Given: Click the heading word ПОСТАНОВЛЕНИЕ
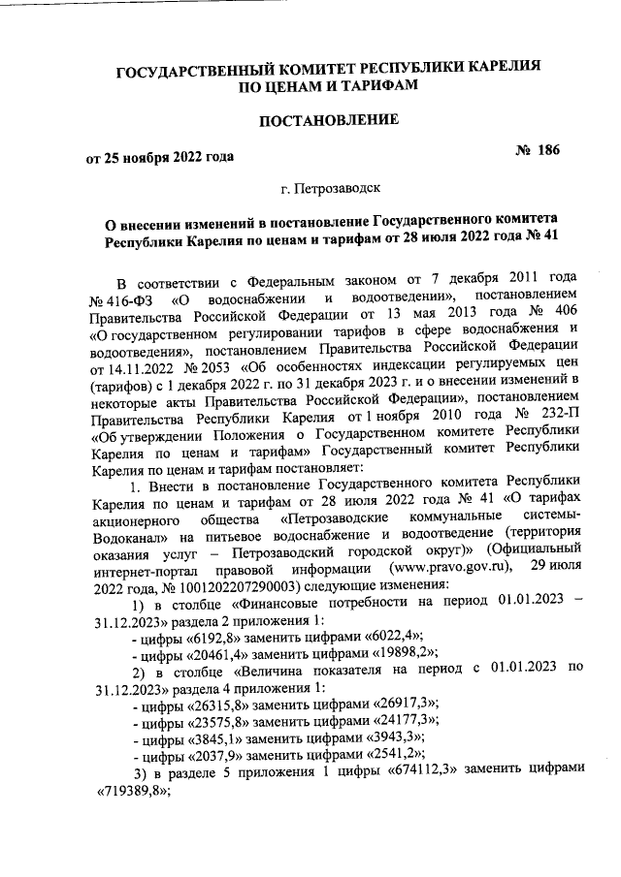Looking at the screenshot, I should coord(327,120).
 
